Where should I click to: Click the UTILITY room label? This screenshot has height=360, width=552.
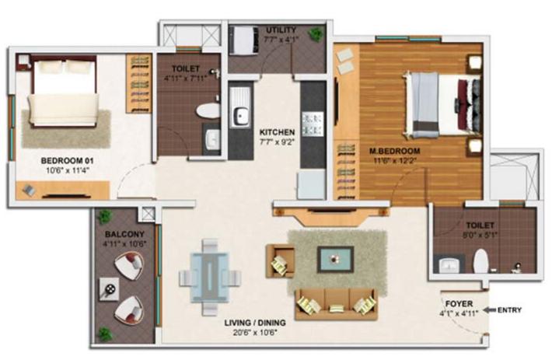click(x=281, y=30)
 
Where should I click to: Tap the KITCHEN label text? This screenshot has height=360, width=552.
click(x=277, y=132)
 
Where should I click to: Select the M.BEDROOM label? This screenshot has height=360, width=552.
click(x=394, y=152)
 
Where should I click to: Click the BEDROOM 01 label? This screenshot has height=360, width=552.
click(x=67, y=161)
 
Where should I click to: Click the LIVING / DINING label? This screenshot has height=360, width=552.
click(x=255, y=323)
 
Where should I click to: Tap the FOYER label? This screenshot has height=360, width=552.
click(x=459, y=304)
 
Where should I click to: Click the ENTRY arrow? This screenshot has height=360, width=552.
click(x=489, y=310)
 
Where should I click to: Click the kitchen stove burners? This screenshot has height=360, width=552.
click(x=313, y=124)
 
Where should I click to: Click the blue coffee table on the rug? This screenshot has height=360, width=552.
click(x=335, y=260)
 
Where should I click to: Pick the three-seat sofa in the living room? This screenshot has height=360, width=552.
click(x=336, y=304)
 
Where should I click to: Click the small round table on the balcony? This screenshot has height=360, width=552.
click(x=109, y=289)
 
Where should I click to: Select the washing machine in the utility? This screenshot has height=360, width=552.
click(x=243, y=40)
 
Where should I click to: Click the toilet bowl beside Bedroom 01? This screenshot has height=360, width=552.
click(x=208, y=110)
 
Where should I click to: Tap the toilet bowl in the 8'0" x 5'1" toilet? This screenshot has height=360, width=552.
click(x=480, y=261)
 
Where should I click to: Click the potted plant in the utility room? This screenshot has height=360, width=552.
click(x=316, y=34)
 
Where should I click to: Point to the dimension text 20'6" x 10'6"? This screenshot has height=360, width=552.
click(x=255, y=332)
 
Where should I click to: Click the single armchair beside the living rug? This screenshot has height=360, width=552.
click(x=281, y=261)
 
